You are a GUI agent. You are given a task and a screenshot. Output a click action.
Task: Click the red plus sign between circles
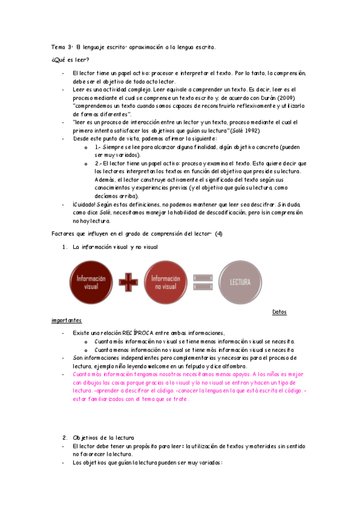pyautogui.click(x=127, y=281)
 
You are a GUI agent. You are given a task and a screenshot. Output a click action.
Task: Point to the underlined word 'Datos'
pyautogui.click(x=279, y=312)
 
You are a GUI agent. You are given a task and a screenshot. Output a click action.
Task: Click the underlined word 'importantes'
pyautogui.click(x=67, y=321)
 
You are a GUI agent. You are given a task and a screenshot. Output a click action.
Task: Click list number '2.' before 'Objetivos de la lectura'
pyautogui.click(x=65, y=437)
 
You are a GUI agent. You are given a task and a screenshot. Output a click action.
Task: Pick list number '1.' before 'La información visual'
pyautogui.click(x=65, y=247)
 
